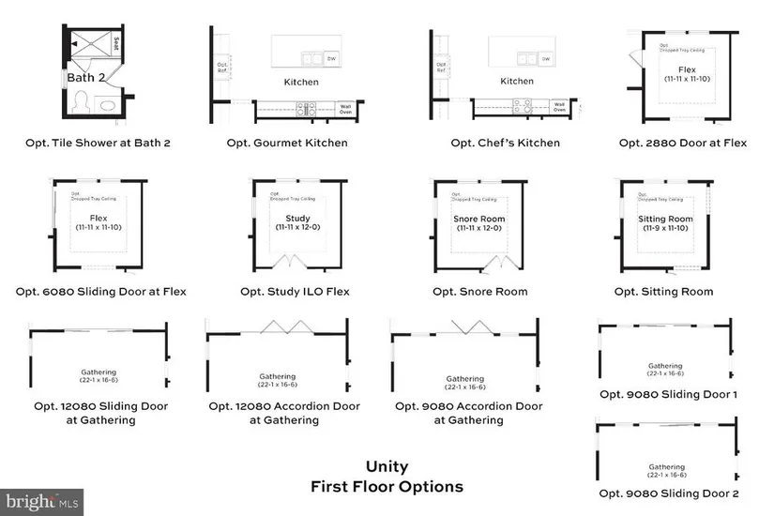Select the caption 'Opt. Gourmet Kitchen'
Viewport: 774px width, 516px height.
[x=287, y=144]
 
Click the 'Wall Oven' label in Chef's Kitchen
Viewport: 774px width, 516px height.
[x=559, y=107]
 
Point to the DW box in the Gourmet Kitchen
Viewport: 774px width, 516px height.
[x=332, y=59]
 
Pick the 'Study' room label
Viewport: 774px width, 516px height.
[x=292, y=219]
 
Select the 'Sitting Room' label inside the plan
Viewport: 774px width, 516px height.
[x=666, y=219]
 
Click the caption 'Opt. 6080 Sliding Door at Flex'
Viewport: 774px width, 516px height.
[x=101, y=292]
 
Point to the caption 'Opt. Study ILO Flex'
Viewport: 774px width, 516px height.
[x=295, y=292]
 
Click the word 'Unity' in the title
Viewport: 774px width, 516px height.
[x=387, y=466]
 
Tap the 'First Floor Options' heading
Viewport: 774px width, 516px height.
[x=387, y=487]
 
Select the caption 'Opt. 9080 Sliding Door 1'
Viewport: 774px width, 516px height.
[x=669, y=395]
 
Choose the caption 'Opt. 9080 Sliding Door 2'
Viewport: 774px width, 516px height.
[x=669, y=493]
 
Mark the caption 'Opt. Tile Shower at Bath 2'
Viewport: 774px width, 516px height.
[x=99, y=144]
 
